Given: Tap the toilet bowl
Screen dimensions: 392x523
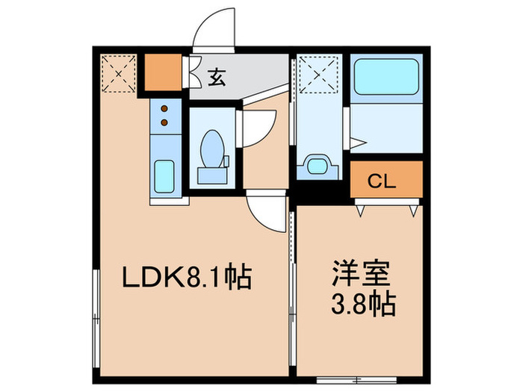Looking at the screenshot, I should pyautogui.click(x=211, y=147).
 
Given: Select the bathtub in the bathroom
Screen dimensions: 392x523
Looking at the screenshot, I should pyautogui.click(x=386, y=77).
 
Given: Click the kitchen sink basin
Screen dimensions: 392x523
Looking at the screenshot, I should pyautogui.click(x=164, y=177).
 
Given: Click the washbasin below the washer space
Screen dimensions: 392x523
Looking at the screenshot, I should pyautogui.click(x=317, y=165).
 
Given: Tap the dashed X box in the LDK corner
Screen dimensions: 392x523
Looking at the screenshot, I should pyautogui.click(x=117, y=74).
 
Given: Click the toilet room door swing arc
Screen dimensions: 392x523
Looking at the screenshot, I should pyautogui.click(x=259, y=125).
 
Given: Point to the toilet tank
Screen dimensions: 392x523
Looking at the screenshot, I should pyautogui.click(x=211, y=175).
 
